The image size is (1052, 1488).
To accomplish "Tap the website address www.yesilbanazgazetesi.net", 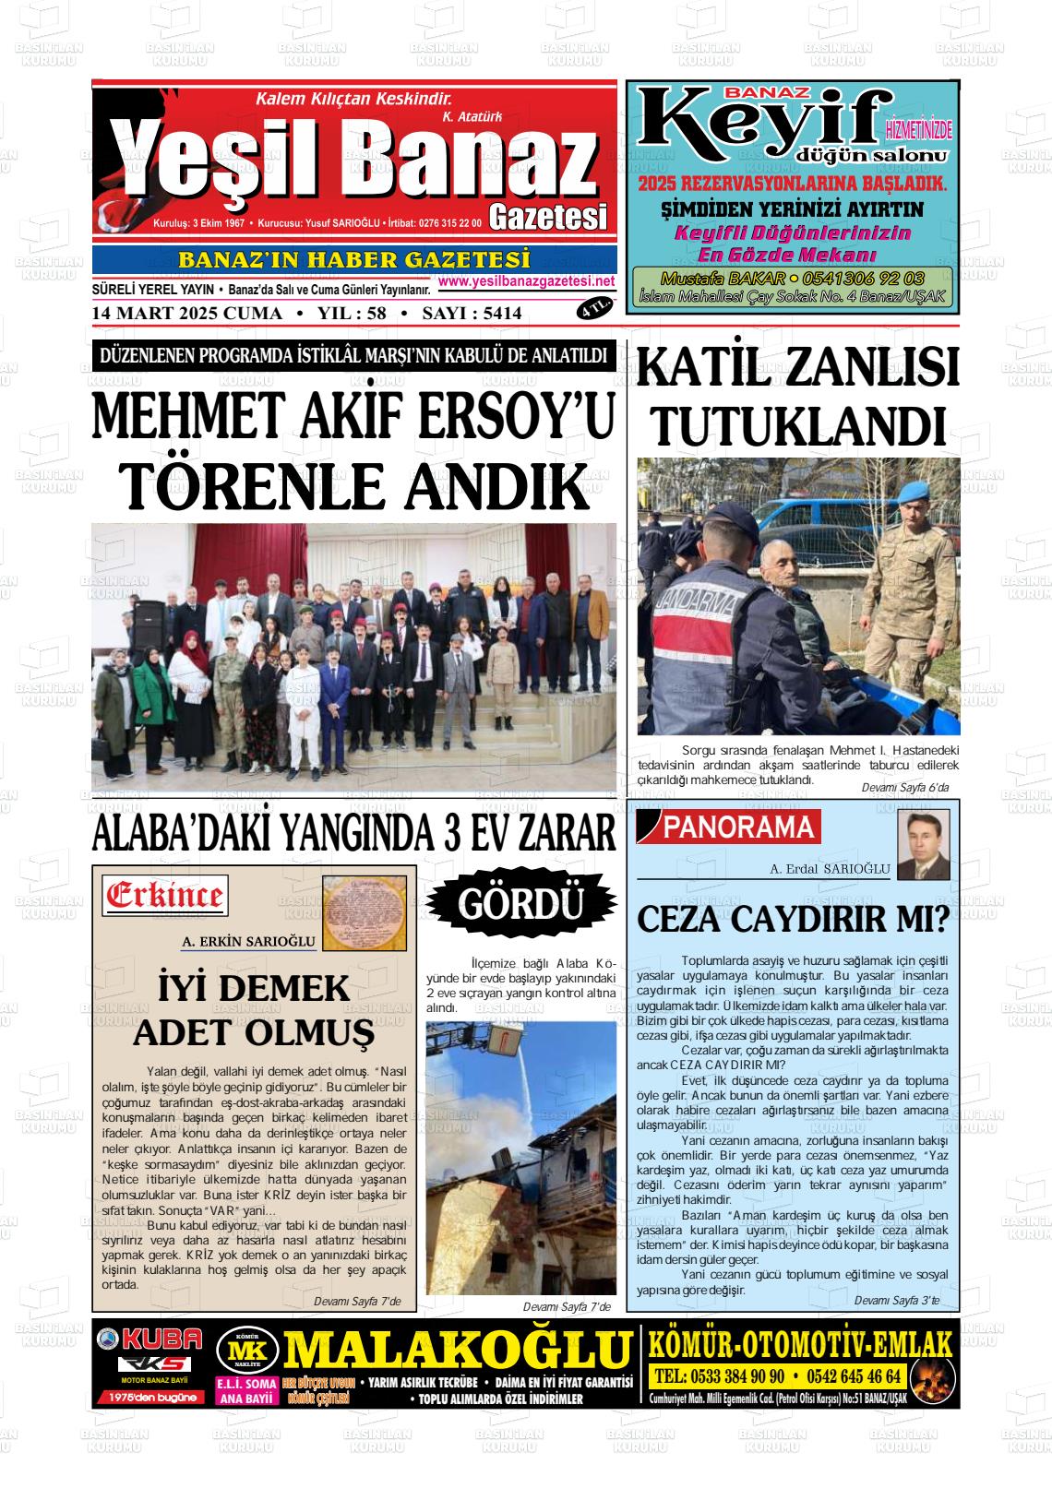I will (526, 281).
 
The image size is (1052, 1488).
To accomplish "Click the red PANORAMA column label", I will (738, 828).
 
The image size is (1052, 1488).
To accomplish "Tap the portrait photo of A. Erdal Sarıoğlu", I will (923, 845).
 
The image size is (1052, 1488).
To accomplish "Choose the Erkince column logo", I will (166, 895).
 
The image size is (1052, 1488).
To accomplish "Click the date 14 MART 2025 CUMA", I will (187, 314).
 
